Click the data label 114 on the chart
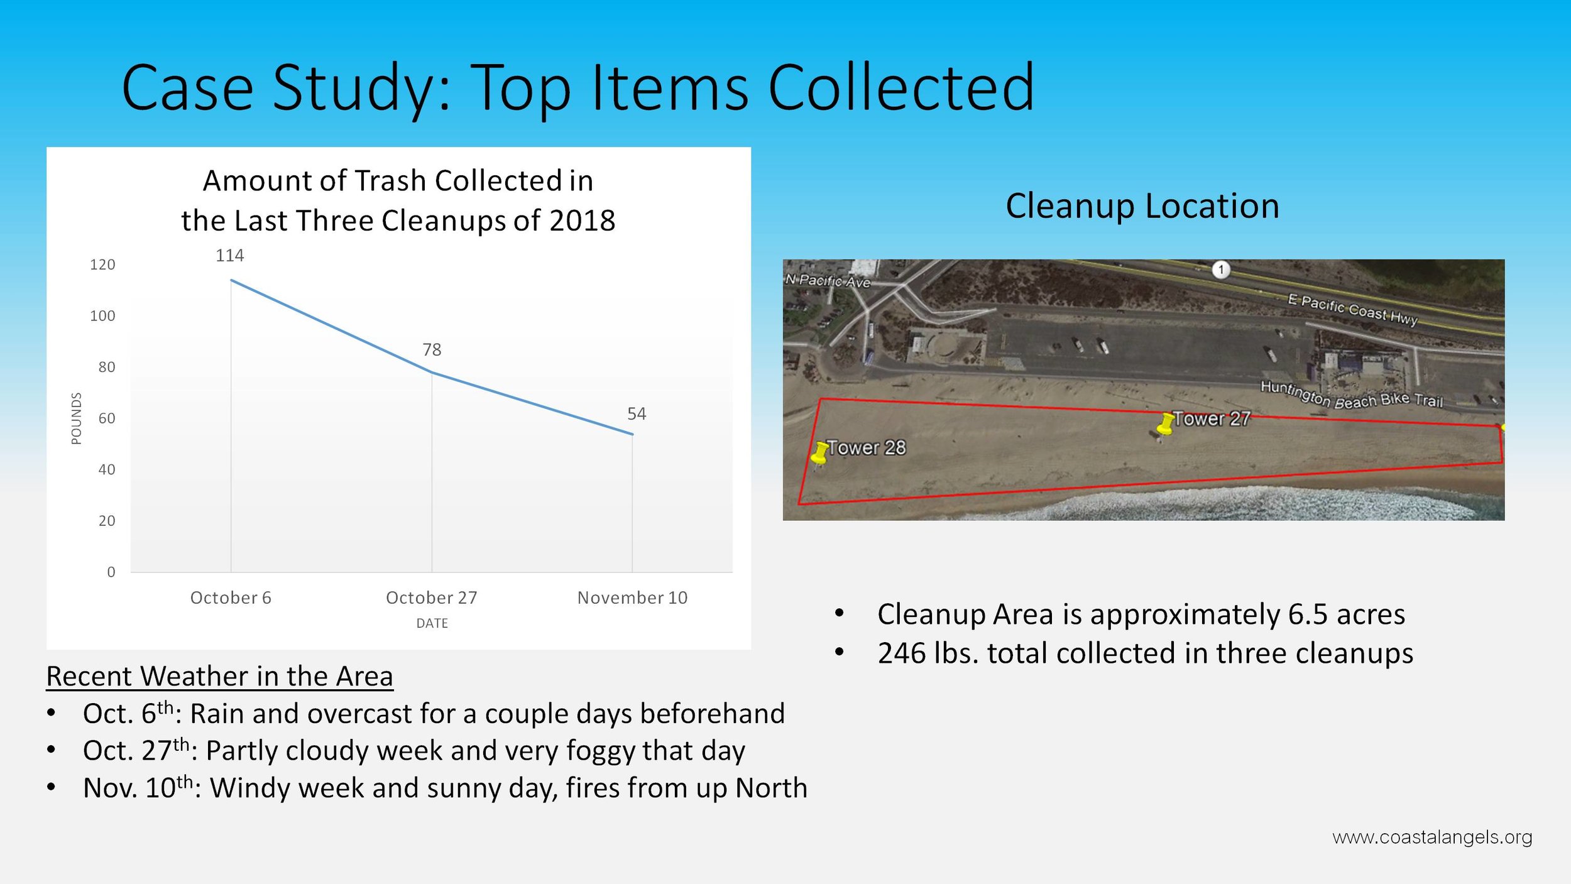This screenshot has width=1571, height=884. (x=229, y=255)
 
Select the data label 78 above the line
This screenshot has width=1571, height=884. (x=432, y=349)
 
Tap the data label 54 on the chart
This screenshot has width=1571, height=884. (x=637, y=413)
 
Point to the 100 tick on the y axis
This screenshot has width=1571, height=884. (x=102, y=315)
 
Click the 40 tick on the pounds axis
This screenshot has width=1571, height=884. (x=107, y=469)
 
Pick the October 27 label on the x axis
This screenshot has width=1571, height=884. (x=432, y=598)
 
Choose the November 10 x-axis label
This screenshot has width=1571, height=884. (x=632, y=598)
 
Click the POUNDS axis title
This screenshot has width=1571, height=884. (x=76, y=418)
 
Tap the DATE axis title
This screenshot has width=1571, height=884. (x=432, y=623)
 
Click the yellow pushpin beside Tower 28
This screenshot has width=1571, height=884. (x=819, y=452)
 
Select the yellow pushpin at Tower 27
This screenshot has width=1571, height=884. (x=1166, y=423)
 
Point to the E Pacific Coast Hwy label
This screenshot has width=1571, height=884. (x=1352, y=310)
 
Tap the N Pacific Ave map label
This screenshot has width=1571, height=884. (x=828, y=281)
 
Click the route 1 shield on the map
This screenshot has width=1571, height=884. (x=1221, y=270)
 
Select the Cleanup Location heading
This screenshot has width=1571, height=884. (x=1142, y=206)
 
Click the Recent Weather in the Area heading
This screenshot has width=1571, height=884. (x=220, y=676)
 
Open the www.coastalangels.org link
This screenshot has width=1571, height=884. (x=1432, y=838)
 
